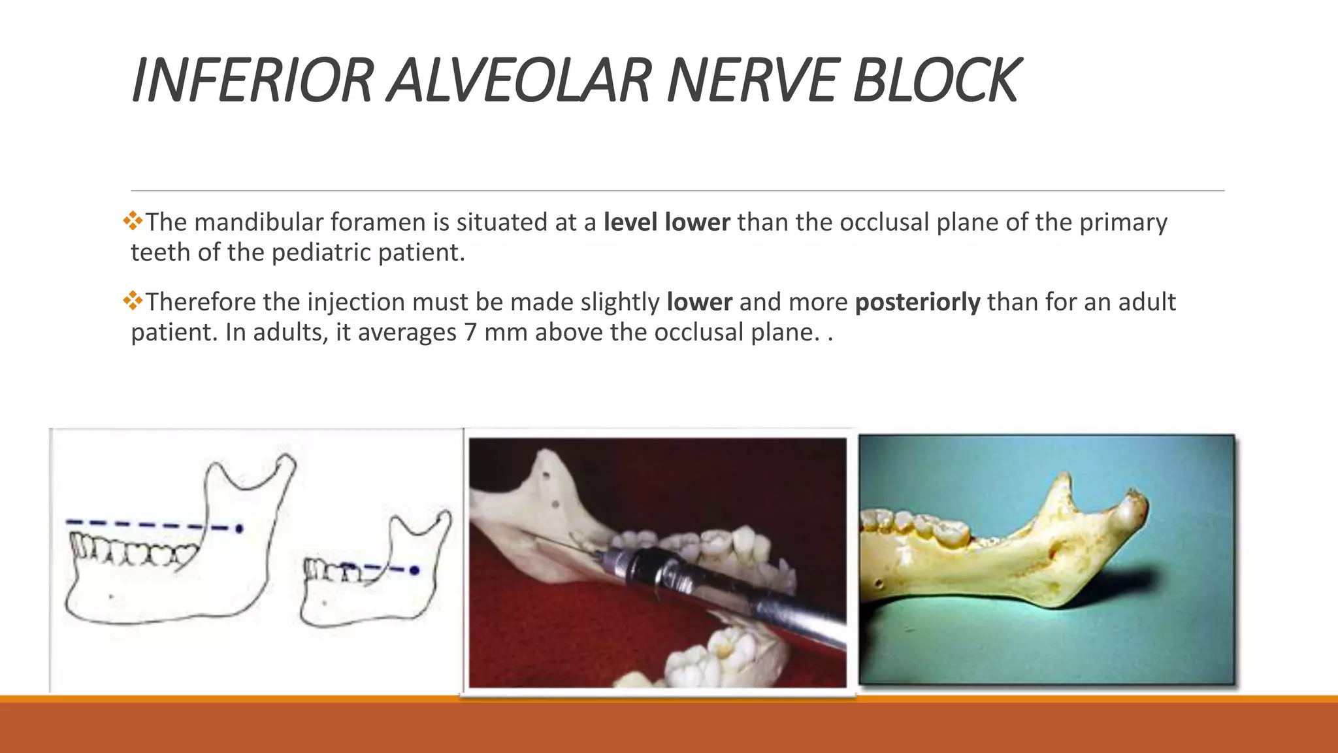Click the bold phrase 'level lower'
click(666, 223)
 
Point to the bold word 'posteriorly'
click(917, 303)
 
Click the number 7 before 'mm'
click(470, 333)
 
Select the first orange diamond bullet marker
click(133, 221)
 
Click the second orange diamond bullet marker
click(133, 301)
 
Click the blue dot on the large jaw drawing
click(239, 528)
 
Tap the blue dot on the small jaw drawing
click(414, 571)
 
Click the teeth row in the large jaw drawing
click(131, 550)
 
